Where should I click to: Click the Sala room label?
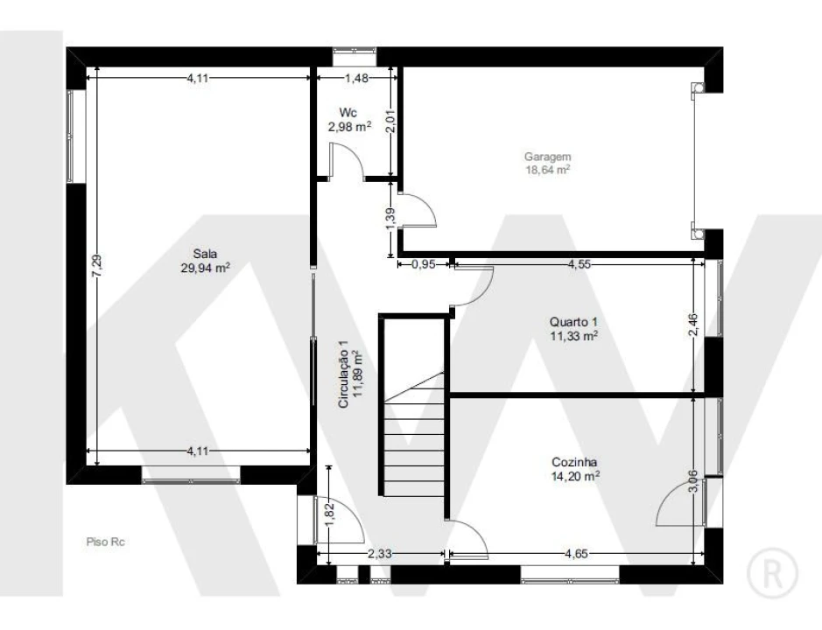tap(205, 254)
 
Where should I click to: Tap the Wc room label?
tap(348, 113)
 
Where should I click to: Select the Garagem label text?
tap(548, 157)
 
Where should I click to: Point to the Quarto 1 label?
tap(573, 322)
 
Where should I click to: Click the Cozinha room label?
tap(574, 462)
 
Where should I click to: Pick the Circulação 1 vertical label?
tap(343, 374)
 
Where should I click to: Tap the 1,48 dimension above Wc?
tap(356, 78)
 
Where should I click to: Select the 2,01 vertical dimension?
tap(390, 121)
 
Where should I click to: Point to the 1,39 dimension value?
tap(390, 219)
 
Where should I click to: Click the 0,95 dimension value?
tap(423, 264)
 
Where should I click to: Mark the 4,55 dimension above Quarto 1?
tap(580, 264)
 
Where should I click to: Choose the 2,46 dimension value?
tap(693, 325)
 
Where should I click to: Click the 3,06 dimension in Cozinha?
tap(692, 481)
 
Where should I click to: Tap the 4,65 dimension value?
tap(576, 554)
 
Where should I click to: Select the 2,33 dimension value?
tap(380, 554)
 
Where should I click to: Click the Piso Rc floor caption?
tap(105, 542)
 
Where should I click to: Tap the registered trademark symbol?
tap(772, 574)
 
